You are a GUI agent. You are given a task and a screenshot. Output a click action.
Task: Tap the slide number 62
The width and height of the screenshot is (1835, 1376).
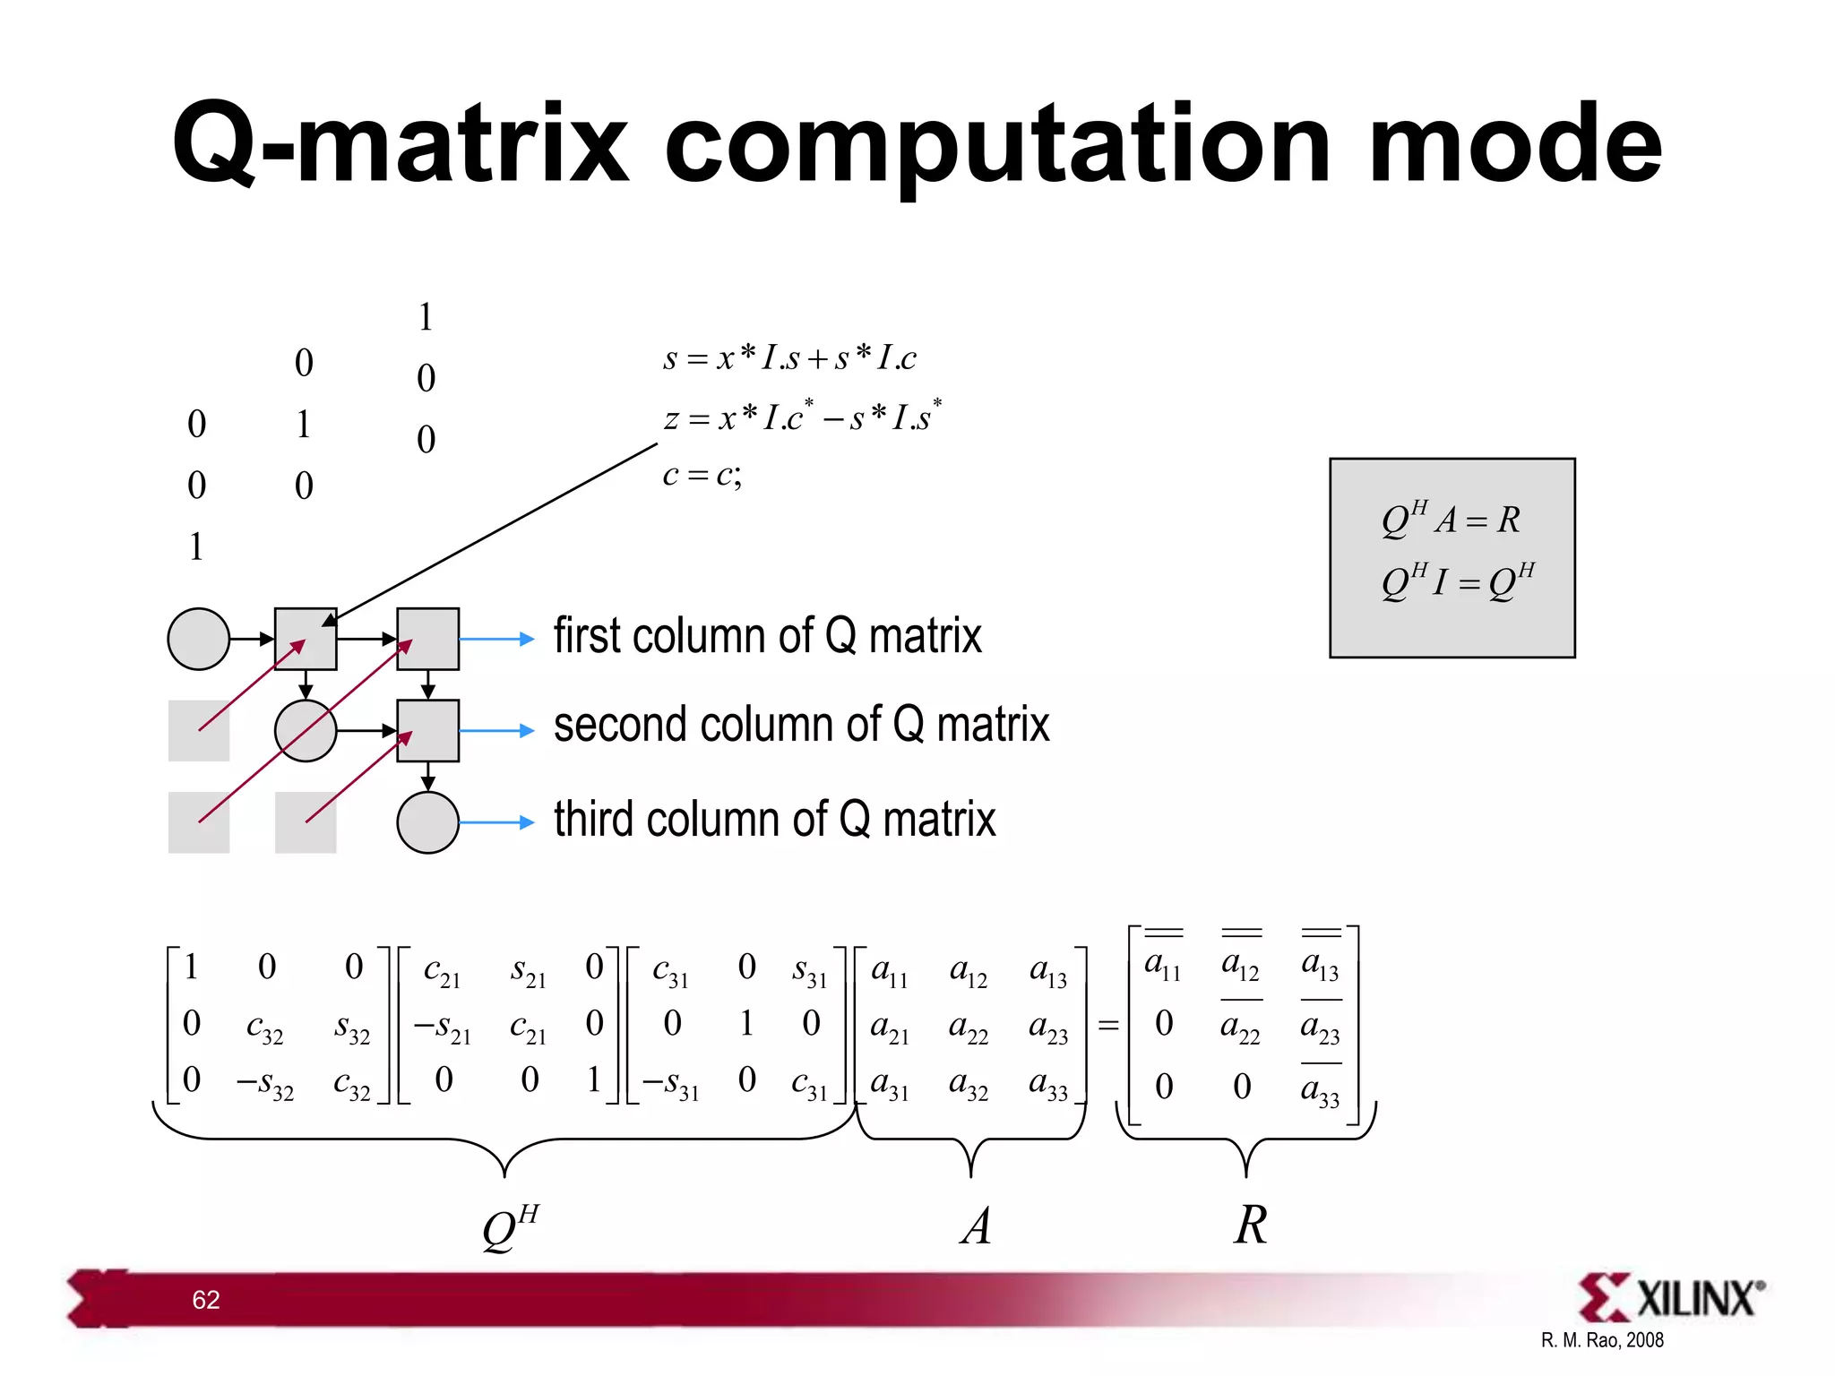coord(206,1300)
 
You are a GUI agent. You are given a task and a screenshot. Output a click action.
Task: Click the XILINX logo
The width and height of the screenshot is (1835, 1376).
coord(1671,1298)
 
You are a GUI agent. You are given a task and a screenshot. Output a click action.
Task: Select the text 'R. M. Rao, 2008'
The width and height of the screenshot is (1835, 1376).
coord(1602,1340)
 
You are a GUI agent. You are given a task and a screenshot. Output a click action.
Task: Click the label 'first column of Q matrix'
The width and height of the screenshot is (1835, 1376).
coord(767,637)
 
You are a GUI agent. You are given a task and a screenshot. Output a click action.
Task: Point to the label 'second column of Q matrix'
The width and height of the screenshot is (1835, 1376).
coord(801,725)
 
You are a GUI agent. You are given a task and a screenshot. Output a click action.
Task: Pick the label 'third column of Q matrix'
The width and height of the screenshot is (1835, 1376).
coord(774,820)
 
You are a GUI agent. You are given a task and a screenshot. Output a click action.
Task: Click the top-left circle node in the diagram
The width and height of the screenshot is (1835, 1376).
coord(199,639)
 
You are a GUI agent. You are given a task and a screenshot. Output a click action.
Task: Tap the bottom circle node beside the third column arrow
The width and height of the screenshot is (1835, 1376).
coord(427,822)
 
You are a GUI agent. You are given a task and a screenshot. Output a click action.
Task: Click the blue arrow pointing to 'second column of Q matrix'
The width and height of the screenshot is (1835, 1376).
coord(497,731)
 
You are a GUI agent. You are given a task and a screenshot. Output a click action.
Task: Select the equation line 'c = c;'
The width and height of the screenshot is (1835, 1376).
coord(702,475)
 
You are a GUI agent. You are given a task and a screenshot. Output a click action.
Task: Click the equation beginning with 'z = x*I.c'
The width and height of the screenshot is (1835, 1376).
coord(802,417)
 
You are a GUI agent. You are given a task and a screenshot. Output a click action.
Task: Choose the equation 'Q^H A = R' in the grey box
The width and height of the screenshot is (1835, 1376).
coord(1451,520)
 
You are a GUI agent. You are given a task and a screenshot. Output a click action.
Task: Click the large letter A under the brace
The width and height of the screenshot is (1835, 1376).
coord(976,1226)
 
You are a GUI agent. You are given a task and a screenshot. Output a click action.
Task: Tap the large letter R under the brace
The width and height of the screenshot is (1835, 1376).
coord(1251,1225)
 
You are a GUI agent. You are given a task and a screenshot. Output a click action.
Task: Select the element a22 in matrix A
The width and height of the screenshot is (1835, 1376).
coord(969,1027)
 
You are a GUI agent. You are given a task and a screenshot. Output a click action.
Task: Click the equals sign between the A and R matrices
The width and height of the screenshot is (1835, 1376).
coord(1108,1026)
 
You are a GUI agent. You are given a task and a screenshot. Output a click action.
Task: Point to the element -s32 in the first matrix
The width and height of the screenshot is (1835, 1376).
coord(264,1084)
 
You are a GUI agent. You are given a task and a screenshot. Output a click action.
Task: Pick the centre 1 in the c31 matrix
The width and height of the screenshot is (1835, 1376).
coord(746,1023)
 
